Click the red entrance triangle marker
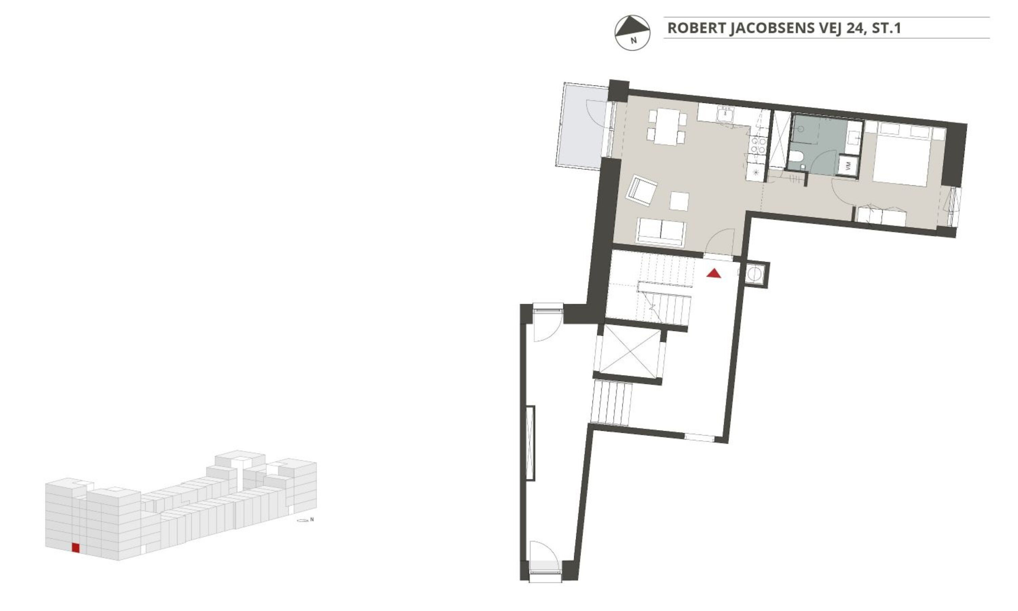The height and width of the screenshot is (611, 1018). tap(713, 273)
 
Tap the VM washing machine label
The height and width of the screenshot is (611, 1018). tap(848, 165)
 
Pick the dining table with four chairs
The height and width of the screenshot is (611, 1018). tap(667, 126)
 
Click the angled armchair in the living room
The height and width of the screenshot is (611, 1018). tap(641, 191)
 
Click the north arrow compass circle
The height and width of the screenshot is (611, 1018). tap(632, 33)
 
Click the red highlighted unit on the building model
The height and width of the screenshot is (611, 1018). tap(75, 548)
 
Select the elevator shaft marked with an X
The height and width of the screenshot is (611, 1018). tap(629, 352)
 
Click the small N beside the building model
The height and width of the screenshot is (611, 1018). tap(312, 519)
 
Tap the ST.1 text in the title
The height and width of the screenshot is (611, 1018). tap(887, 28)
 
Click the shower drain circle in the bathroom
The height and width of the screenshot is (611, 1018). tap(801, 129)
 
